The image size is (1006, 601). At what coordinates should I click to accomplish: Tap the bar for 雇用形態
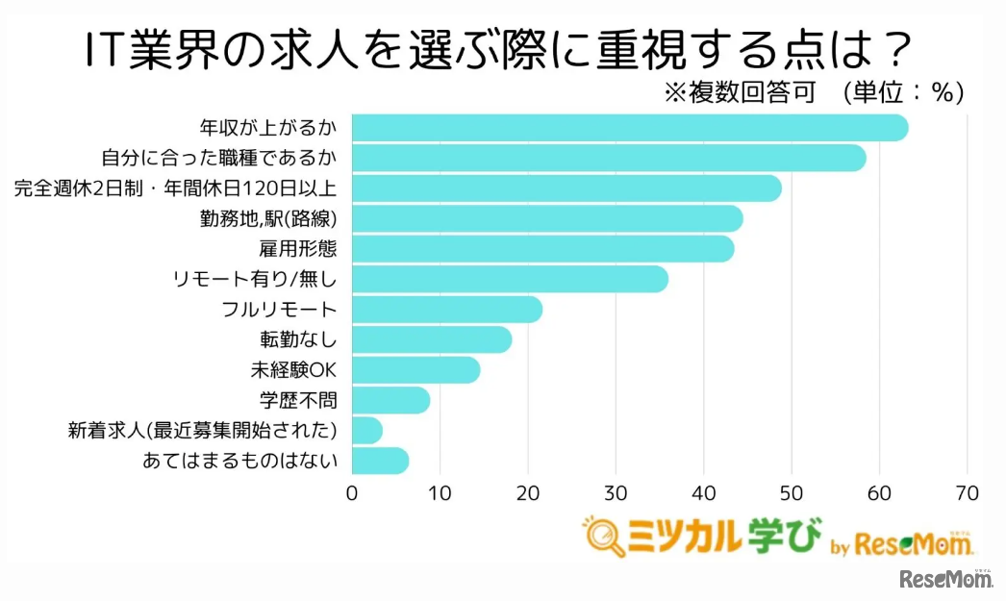542,248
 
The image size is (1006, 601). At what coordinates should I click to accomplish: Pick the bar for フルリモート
446,310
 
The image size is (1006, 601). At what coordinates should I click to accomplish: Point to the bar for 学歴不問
390,400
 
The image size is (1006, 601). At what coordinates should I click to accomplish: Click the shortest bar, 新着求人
366,430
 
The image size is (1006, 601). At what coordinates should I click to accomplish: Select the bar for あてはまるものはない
380,461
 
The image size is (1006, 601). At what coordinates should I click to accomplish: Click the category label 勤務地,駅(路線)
268,218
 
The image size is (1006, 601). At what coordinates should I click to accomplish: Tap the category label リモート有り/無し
256,279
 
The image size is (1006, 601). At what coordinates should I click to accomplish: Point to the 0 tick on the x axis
352,493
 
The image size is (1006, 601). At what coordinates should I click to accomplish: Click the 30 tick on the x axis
616,493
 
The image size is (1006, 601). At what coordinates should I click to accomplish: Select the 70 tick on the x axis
967,493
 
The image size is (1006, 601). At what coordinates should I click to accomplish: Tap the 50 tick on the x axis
791,493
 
